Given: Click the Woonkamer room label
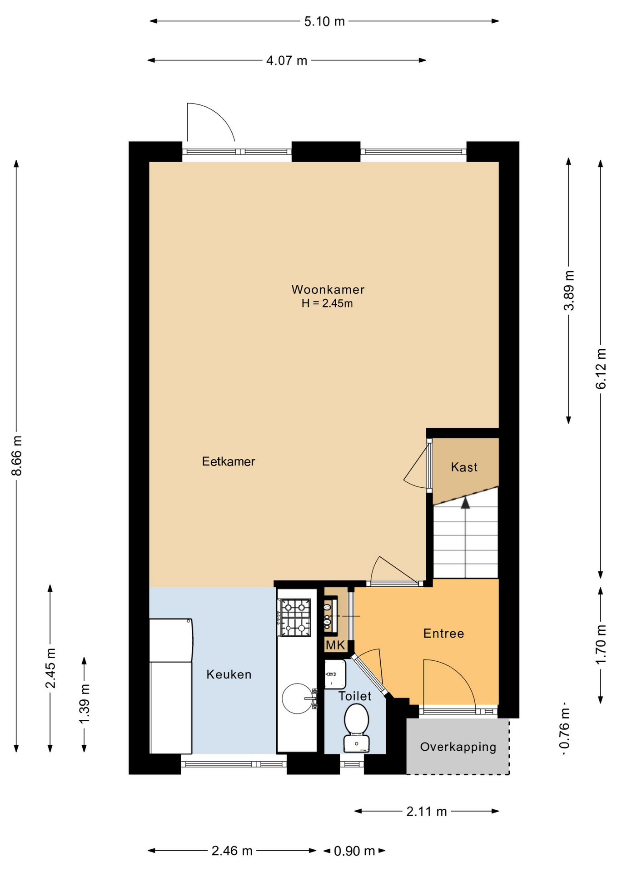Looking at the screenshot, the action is tap(328, 289).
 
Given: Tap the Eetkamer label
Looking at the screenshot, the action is tap(229, 461).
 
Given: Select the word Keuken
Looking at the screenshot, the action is tap(229, 674).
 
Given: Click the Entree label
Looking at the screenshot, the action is tap(443, 634).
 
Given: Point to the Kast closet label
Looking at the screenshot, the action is tap(464, 467).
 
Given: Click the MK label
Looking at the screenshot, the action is tap(335, 645).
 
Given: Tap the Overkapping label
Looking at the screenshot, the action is tap(458, 747).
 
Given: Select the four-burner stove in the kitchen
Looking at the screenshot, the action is tap(295, 618).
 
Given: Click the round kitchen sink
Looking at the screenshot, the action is tap(298, 699).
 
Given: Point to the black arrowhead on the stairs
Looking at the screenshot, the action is tap(465, 502).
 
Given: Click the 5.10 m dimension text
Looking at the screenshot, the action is tap(324, 21).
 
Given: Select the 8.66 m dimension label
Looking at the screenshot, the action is tap(17, 456).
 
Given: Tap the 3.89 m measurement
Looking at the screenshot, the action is tap(569, 291).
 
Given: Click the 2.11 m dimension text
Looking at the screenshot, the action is tap(427, 812).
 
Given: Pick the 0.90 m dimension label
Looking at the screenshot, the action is tap(354, 851).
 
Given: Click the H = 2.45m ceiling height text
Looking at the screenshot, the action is tap(327, 303).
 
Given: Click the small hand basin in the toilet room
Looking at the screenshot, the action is tap(335, 674).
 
